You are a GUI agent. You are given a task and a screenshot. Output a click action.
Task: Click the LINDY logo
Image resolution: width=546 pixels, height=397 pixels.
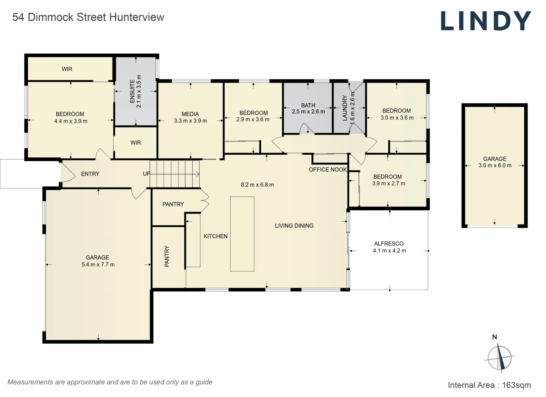pyautogui.click(x=485, y=21)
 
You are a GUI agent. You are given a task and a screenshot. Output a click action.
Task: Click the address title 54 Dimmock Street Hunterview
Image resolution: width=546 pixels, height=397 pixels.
pyautogui.click(x=88, y=17)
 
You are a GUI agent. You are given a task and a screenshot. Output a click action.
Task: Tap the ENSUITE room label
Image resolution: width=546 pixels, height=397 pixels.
pyautogui.click(x=132, y=91)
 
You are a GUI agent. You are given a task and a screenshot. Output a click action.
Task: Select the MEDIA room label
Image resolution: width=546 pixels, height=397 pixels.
pyautogui.click(x=190, y=114)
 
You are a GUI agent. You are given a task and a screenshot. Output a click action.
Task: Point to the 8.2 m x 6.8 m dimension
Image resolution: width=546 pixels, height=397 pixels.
pyautogui.click(x=257, y=185)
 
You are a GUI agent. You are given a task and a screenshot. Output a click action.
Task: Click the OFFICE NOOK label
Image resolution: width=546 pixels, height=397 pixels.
pyautogui.click(x=328, y=169)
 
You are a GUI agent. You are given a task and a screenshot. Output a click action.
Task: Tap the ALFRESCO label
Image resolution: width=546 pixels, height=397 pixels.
pyautogui.click(x=389, y=244)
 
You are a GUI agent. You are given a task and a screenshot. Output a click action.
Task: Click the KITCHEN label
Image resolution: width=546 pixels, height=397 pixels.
pyautogui.click(x=215, y=236)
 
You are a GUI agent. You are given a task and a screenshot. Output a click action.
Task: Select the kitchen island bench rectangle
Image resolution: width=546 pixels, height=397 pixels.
pyautogui.click(x=242, y=234)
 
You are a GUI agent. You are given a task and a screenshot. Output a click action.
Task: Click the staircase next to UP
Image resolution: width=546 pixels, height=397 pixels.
pyautogui.click(x=175, y=174)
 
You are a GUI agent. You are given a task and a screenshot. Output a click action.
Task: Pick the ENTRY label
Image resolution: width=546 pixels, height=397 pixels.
pyautogui.click(x=90, y=174)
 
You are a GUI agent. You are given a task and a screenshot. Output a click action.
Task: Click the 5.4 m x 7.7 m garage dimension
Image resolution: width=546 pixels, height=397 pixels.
pyautogui.click(x=98, y=265)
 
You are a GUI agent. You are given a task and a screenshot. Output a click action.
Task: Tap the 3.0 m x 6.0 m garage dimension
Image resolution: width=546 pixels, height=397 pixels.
pyautogui.click(x=495, y=165)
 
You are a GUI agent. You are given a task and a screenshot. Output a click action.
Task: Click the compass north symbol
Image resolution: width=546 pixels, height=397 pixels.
pyautogui.click(x=499, y=357)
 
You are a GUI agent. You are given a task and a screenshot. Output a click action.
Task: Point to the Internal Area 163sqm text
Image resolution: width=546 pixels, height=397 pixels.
pyautogui.click(x=489, y=385)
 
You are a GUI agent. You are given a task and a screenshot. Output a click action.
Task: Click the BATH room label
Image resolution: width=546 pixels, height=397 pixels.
pyautogui.click(x=308, y=105)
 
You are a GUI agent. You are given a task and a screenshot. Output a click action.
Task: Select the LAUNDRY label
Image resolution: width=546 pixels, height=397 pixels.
pyautogui.click(x=345, y=108)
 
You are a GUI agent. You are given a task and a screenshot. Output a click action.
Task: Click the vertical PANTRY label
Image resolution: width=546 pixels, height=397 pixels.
pyautogui.click(x=167, y=256)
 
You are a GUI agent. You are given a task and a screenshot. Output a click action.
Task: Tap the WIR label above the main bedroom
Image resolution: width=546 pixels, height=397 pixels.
pyautogui.click(x=67, y=69)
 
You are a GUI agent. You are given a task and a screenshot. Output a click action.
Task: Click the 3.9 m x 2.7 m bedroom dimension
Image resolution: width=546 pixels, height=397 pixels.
pyautogui.click(x=389, y=183)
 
